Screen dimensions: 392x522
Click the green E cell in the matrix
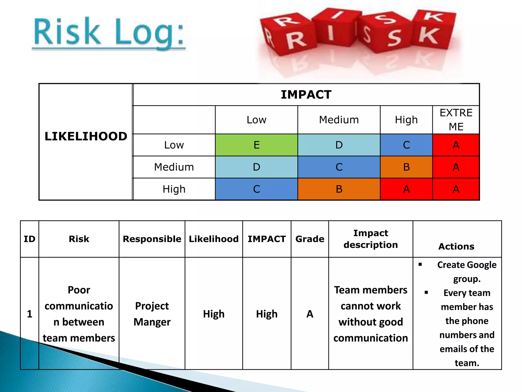pyautogui.click(x=256, y=145)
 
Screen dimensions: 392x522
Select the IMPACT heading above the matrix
pyautogui.click(x=306, y=95)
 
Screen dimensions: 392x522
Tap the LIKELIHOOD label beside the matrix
pyautogui.click(x=86, y=136)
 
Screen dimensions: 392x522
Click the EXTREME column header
pyautogui.click(x=456, y=120)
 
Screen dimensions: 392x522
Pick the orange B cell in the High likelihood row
pyautogui.click(x=339, y=189)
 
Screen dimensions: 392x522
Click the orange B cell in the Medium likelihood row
pyautogui.click(x=406, y=167)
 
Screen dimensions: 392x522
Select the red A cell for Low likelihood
pyautogui.click(x=456, y=145)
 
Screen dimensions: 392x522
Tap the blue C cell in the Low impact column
pyautogui.click(x=256, y=189)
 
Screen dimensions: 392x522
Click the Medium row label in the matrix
pyautogui.click(x=174, y=167)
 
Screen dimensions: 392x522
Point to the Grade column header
pyautogui.click(x=310, y=239)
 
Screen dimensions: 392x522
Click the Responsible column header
pyautogui.click(x=152, y=239)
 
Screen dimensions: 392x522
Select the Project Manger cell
pyautogui.click(x=152, y=314)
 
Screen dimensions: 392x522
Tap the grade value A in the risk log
pyautogui.click(x=310, y=314)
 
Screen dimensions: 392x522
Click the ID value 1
pyautogui.click(x=30, y=314)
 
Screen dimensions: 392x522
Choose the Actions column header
pyautogui.click(x=456, y=247)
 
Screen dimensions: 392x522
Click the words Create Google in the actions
pyautogui.click(x=467, y=265)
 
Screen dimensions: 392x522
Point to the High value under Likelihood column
pyautogui.click(x=214, y=314)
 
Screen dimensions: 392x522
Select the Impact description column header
pyautogui.click(x=371, y=239)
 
